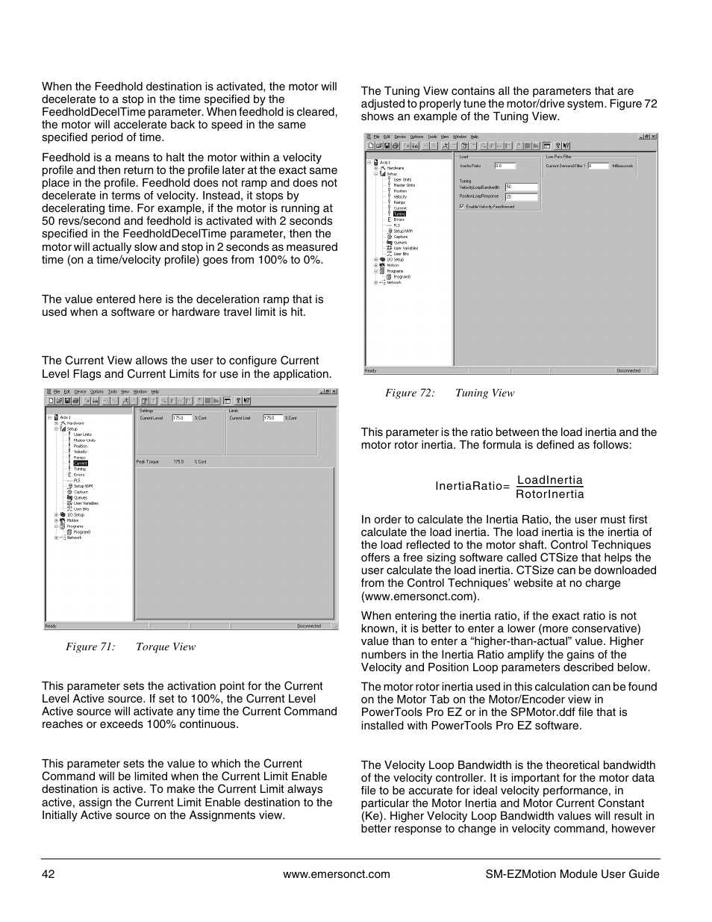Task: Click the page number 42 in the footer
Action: point(48,874)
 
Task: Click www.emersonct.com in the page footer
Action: point(337,874)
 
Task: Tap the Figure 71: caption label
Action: point(90,647)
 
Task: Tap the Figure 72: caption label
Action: point(410,393)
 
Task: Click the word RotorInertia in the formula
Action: point(550,494)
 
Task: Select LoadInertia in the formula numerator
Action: point(550,480)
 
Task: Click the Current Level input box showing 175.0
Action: point(182,418)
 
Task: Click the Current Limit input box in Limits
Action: point(272,418)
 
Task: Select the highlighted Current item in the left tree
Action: point(80,463)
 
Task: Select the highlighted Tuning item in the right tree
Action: point(399,214)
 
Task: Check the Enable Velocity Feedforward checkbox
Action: point(462,206)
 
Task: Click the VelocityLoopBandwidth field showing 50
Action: point(521,187)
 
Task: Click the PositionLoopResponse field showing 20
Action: point(521,196)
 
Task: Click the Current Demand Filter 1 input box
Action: point(599,166)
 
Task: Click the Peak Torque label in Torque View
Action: point(147,461)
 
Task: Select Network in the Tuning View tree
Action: point(394,282)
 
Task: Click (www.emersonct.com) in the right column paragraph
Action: point(420,596)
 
